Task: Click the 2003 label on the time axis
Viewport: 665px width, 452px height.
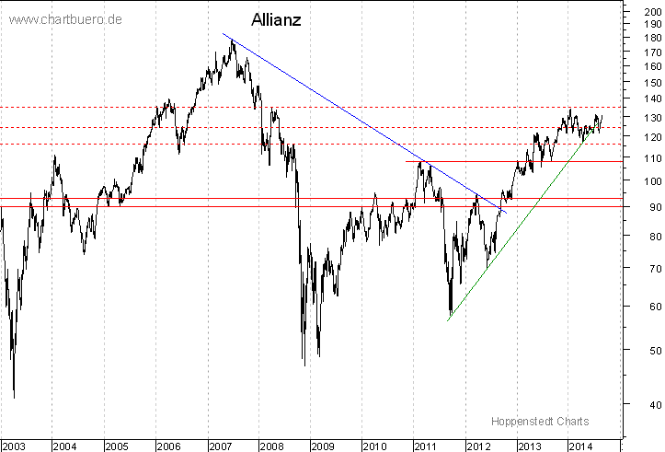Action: click(14, 446)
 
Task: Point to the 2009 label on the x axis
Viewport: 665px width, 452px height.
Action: click(323, 446)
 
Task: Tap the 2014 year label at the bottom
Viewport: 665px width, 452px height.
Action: click(579, 446)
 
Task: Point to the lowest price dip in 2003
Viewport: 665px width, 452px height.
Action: click(14, 397)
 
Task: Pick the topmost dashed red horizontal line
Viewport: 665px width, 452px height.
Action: click(368, 108)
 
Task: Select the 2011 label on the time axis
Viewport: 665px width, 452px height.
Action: click(426, 446)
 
